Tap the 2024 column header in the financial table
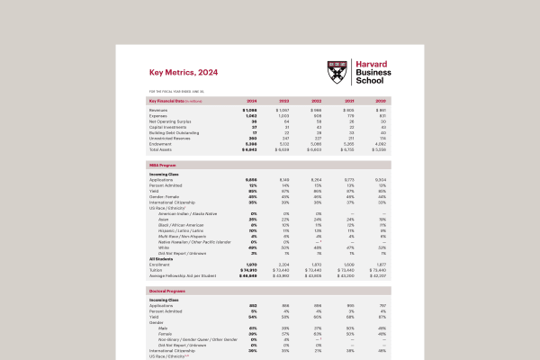click(251, 100)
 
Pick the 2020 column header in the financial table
click(381, 100)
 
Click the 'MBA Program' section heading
click(162, 166)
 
